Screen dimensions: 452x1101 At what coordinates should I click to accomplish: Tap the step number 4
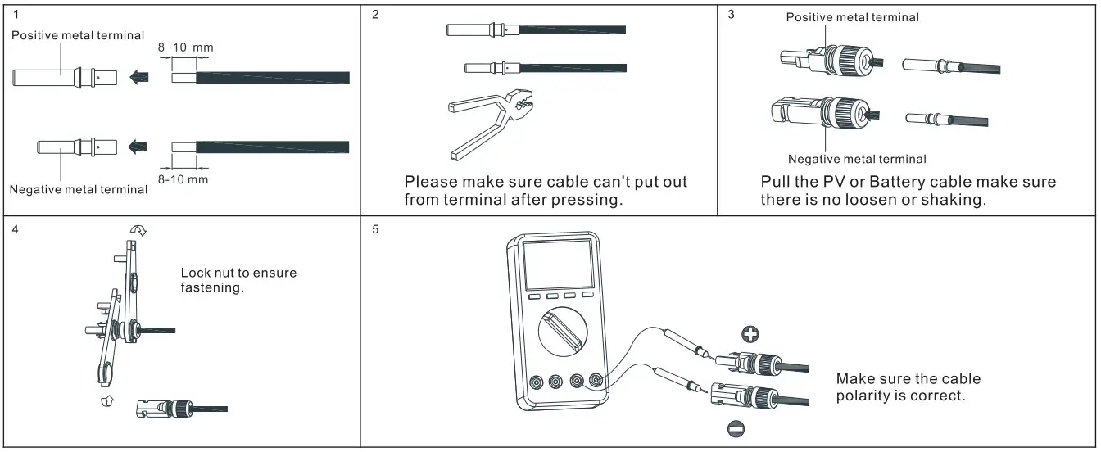(16, 228)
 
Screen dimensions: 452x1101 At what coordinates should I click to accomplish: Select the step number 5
(375, 228)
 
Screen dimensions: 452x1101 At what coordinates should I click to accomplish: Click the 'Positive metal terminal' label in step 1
(78, 35)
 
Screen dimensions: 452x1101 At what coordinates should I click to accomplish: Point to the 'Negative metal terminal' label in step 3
(857, 159)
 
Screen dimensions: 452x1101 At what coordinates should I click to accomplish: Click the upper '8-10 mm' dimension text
(185, 47)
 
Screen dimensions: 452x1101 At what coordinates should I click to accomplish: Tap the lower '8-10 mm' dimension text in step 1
(183, 179)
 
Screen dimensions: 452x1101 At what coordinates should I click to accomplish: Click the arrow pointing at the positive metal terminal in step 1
(137, 78)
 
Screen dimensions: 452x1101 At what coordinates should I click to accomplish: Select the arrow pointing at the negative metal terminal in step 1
(137, 147)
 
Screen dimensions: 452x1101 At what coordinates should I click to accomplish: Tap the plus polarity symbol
(749, 333)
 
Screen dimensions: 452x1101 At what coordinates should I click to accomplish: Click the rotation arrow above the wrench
(139, 231)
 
